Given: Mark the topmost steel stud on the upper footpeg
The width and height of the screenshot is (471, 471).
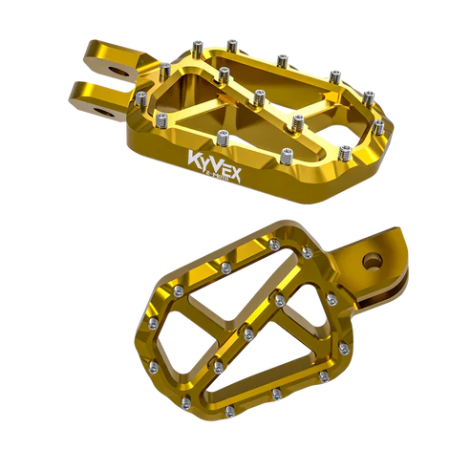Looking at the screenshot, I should click(229, 38).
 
